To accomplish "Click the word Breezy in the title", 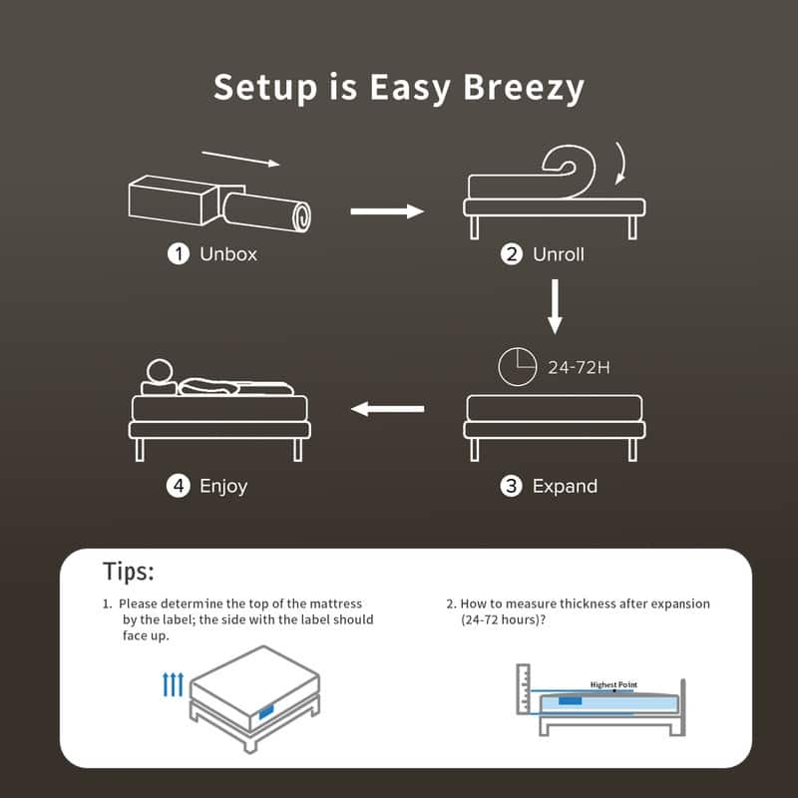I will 524,88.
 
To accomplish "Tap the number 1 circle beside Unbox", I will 179,254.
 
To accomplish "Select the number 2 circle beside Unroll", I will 512,254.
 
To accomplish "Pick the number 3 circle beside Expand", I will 512,487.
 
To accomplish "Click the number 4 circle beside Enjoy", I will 179,487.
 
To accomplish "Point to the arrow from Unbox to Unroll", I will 387,210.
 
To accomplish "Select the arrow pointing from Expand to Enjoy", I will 388,408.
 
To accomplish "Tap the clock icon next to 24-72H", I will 517,366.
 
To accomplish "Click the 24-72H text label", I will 579,368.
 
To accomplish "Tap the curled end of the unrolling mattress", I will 569,171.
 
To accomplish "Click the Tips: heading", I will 129,572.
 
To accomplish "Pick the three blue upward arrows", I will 173,685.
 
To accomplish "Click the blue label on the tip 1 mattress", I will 266,711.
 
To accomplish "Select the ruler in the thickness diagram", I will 525,689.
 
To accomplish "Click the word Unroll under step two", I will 559,254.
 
